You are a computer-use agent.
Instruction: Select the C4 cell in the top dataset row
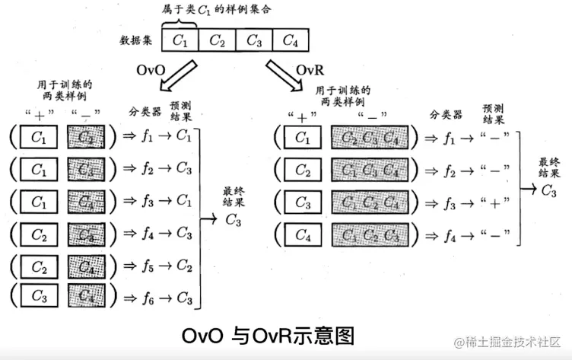290,40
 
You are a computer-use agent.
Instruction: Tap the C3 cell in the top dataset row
253,40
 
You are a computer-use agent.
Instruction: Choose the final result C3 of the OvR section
548,191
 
